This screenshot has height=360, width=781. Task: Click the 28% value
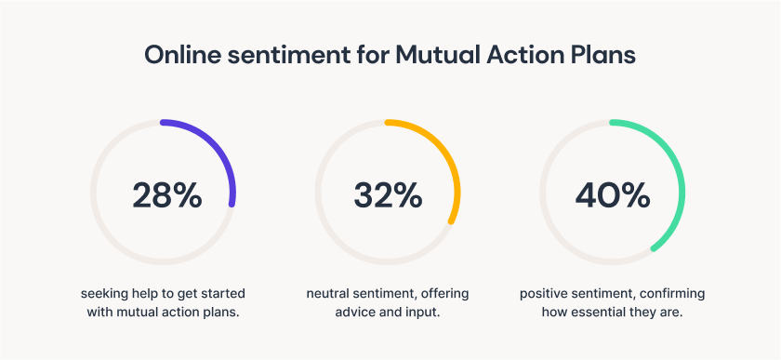click(x=166, y=194)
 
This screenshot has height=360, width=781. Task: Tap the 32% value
click(x=388, y=194)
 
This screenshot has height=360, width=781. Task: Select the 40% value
click(x=612, y=194)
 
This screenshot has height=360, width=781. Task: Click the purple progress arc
click(x=218, y=148)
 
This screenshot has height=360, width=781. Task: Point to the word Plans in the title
click(x=602, y=55)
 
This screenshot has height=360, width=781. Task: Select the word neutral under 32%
click(x=328, y=294)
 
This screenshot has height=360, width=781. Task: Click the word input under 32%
click(x=422, y=313)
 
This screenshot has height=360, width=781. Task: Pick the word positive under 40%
click(x=544, y=294)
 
